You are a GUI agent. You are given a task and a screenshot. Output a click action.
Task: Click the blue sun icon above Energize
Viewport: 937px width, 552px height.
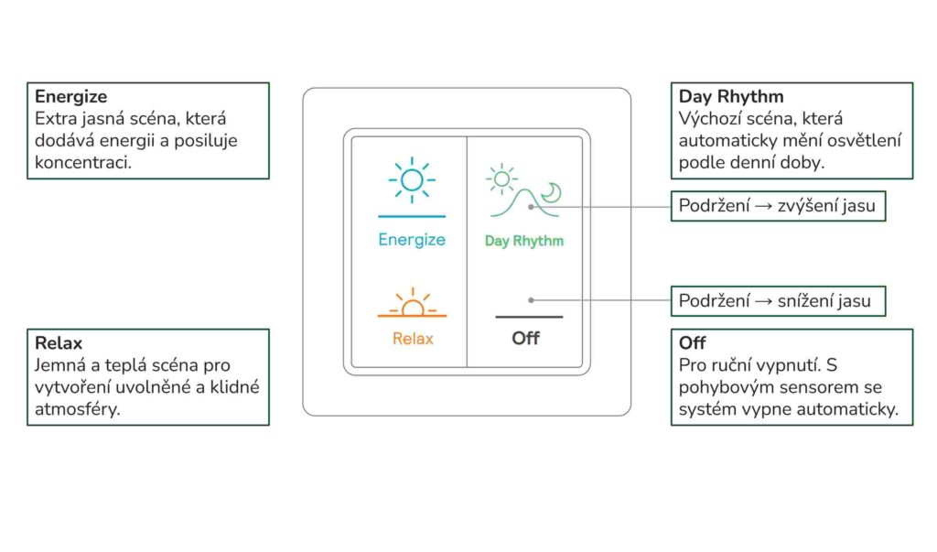[x=412, y=179]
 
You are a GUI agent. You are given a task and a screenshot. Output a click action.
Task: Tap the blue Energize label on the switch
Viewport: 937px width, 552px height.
[x=412, y=240]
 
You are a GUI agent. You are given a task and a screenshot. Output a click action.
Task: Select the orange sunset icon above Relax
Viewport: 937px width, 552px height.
[x=412, y=302]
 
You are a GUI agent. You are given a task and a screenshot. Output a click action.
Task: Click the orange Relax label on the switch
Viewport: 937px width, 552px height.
[x=413, y=339]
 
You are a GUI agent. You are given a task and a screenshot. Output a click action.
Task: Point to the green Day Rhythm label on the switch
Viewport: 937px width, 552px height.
[x=524, y=241]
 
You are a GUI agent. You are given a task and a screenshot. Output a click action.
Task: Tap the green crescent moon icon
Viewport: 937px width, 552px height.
[x=552, y=192]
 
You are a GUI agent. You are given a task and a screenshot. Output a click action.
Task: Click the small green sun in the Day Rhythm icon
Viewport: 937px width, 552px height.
[x=502, y=179]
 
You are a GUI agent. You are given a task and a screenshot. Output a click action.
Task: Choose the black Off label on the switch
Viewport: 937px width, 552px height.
[x=526, y=339]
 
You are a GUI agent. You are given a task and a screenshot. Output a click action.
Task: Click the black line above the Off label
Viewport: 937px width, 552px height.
[x=529, y=317]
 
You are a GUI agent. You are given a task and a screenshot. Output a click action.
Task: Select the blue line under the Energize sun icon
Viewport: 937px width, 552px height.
[x=412, y=216]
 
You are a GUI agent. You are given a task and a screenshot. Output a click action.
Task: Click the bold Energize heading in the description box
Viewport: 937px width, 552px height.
[x=71, y=97]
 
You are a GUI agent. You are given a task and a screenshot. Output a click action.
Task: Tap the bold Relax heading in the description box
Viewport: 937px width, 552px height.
[x=59, y=343]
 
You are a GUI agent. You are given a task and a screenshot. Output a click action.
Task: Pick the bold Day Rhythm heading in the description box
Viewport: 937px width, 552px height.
[x=731, y=97]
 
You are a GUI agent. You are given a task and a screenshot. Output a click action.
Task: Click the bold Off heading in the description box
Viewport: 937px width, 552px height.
[x=692, y=343]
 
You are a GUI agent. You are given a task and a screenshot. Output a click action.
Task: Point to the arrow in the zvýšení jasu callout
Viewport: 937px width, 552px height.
[x=763, y=206]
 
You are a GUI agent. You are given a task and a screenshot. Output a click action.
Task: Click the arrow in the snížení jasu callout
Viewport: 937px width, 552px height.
[x=763, y=301]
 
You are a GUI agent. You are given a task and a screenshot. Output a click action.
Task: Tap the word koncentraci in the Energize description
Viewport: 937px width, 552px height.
[x=83, y=163]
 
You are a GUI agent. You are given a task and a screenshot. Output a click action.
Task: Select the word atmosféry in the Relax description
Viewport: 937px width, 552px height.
[x=78, y=410]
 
